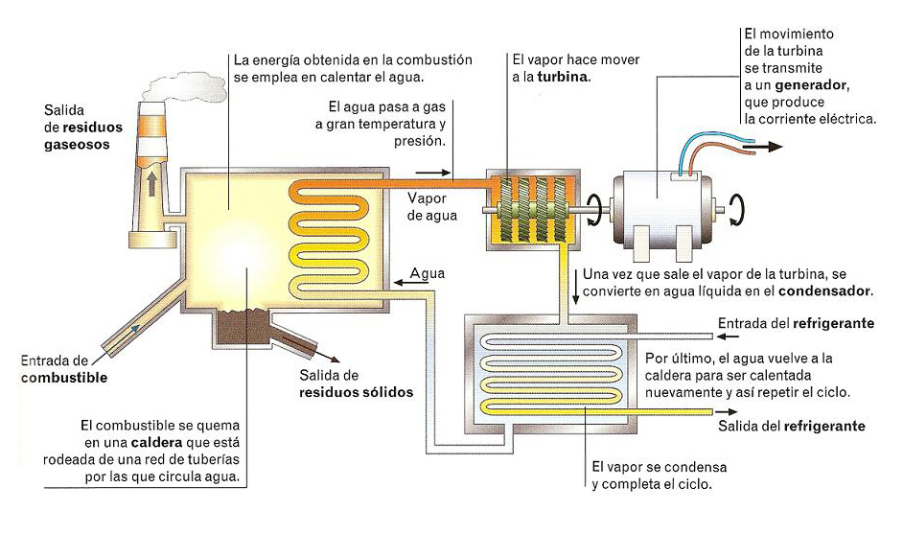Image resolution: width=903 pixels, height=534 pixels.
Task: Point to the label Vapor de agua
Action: click(432, 206)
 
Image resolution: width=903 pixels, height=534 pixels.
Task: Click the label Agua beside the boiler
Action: click(428, 272)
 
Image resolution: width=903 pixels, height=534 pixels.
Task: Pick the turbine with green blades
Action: click(531, 209)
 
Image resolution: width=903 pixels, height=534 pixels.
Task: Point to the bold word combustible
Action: click(63, 378)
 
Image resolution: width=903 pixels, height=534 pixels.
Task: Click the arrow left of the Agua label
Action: click(400, 275)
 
